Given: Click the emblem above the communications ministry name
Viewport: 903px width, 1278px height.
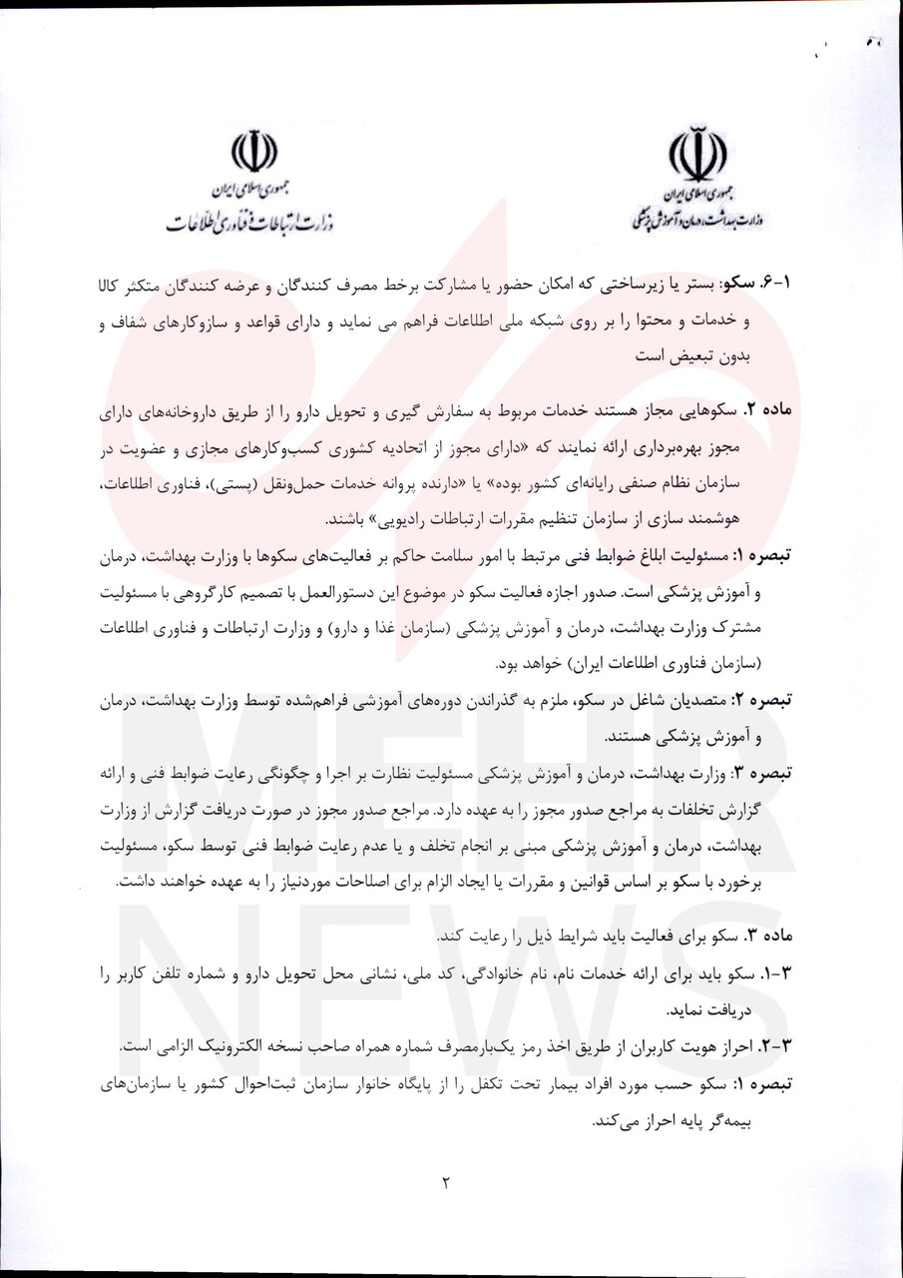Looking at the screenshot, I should click(x=252, y=151).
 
